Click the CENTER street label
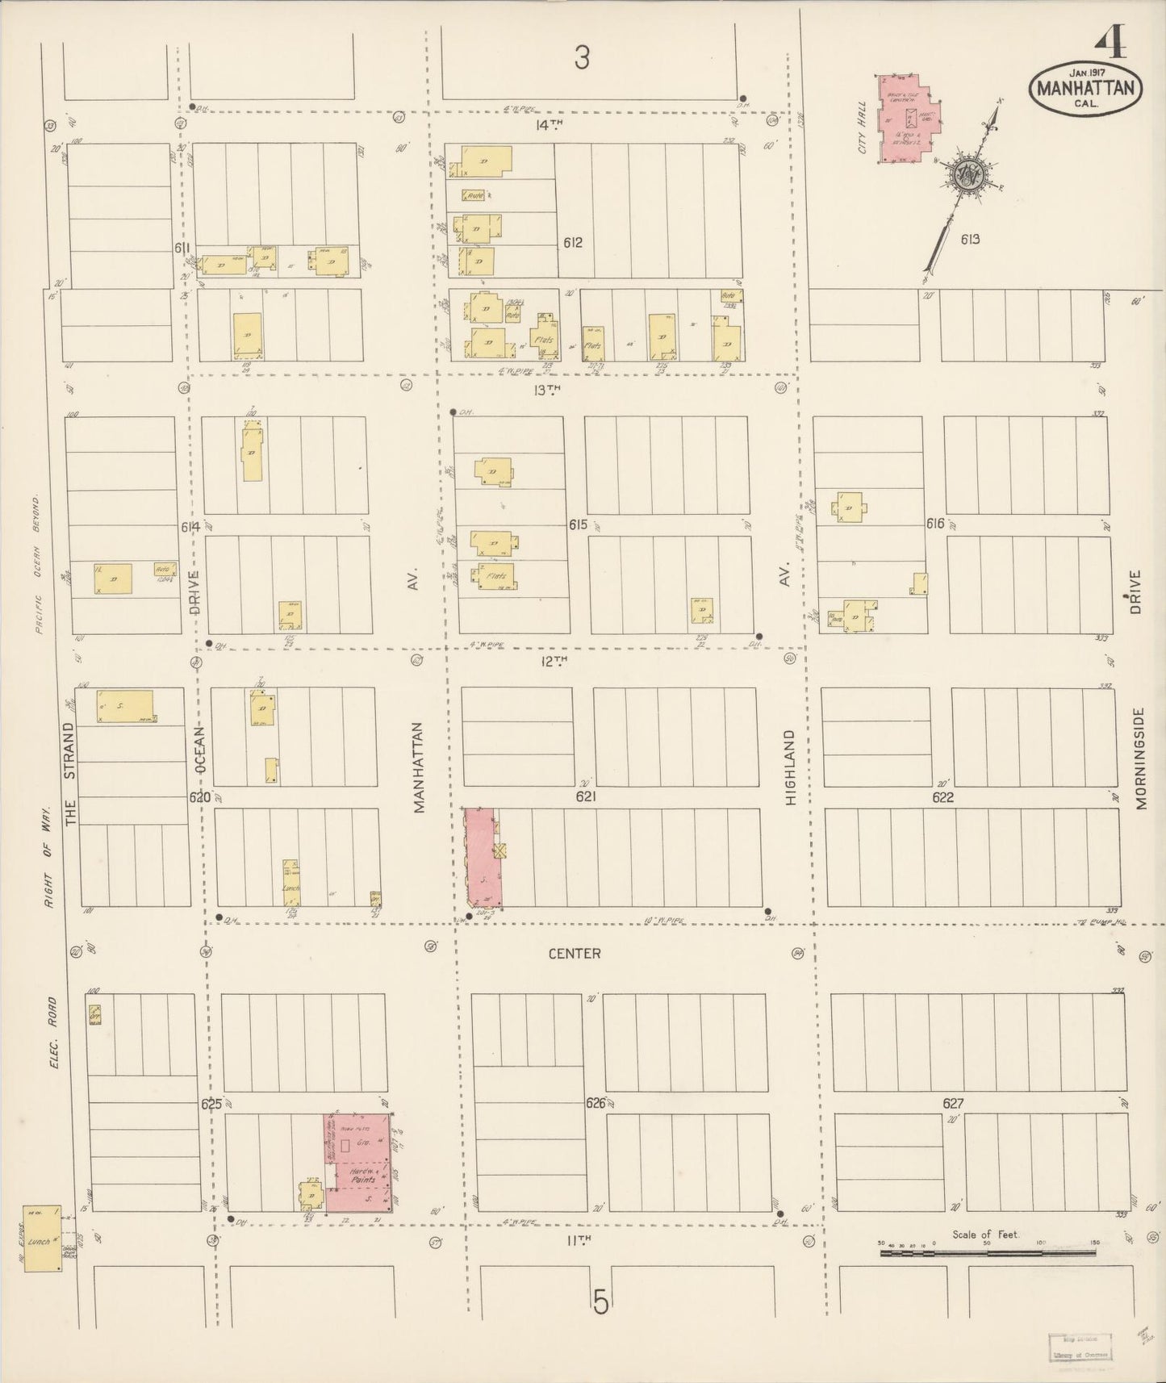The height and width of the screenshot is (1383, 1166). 574,954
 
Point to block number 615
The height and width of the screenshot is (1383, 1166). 577,524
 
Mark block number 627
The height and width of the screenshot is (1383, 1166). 953,1102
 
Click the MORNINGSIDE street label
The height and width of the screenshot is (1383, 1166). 1139,758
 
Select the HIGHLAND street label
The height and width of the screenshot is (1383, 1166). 791,767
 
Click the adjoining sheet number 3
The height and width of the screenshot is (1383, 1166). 582,57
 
